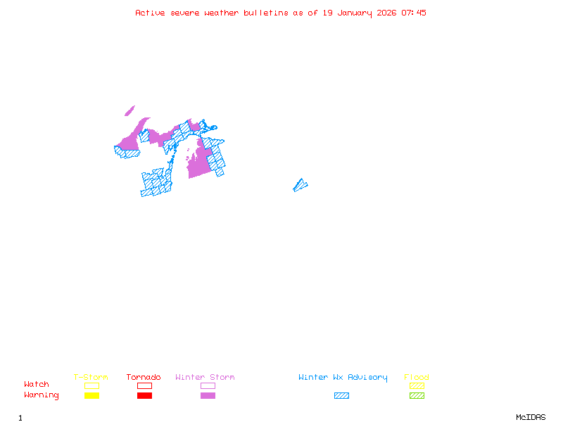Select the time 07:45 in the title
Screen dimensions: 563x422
[414, 13]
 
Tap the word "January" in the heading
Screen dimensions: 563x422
[353, 13]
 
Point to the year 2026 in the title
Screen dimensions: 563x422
[386, 13]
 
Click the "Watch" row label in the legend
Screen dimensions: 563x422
[37, 385]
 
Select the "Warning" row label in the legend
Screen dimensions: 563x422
[41, 395]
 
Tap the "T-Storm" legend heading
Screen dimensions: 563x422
[91, 378]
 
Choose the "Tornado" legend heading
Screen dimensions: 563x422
[144, 378]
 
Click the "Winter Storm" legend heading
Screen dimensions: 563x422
[205, 378]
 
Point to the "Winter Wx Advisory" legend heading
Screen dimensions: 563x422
[343, 378]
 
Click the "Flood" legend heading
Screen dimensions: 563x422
[417, 378]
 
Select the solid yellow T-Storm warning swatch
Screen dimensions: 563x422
[91, 395]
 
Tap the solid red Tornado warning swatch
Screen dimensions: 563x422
[144, 395]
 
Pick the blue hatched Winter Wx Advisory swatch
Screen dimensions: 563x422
[341, 395]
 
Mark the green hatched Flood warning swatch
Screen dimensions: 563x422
[417, 395]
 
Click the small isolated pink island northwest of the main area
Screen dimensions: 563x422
[129, 110]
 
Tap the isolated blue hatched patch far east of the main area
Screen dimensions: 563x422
[301, 185]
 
